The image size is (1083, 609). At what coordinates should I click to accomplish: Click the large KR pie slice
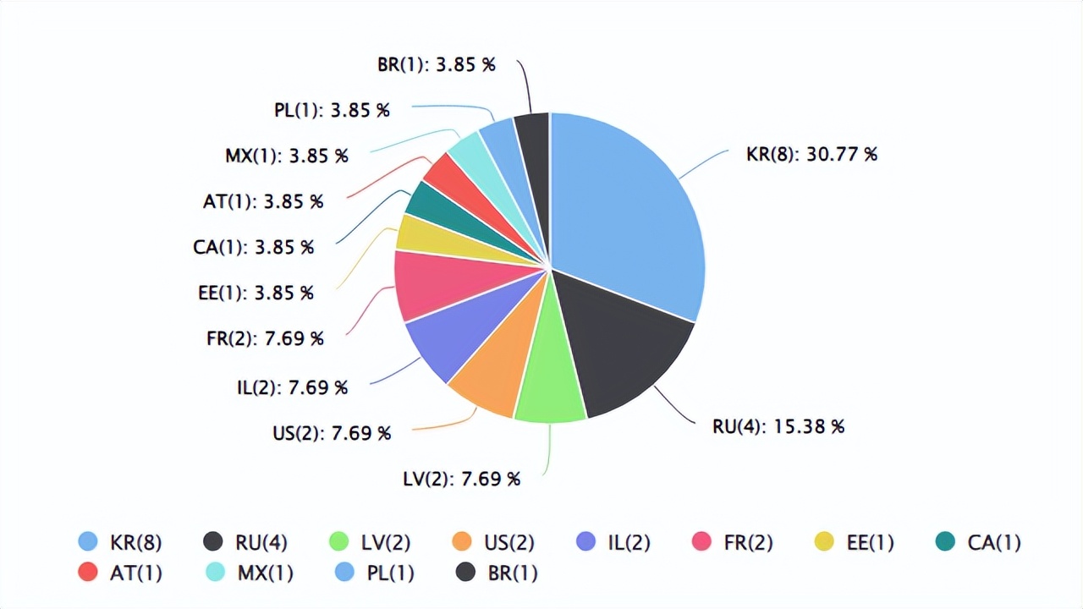pos(630,211)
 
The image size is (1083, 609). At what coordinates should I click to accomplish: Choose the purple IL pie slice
pos(448,338)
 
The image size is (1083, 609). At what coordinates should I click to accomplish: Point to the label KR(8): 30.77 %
pos(811,155)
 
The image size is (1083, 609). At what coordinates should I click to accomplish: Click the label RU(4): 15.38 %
pos(778,426)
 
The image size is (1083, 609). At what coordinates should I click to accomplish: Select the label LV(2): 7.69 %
pos(461,480)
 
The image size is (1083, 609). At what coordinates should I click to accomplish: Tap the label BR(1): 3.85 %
pos(437,64)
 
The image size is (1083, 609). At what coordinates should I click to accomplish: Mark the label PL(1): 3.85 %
pos(332,110)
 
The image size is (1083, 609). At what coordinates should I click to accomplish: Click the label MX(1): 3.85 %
pos(286,156)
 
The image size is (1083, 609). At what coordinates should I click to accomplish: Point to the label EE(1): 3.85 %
pos(255,294)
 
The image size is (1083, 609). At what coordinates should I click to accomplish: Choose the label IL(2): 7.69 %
pos(292,387)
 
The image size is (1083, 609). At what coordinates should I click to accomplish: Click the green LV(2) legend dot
pos(339,542)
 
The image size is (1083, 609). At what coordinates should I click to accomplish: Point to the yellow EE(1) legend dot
pos(824,542)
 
